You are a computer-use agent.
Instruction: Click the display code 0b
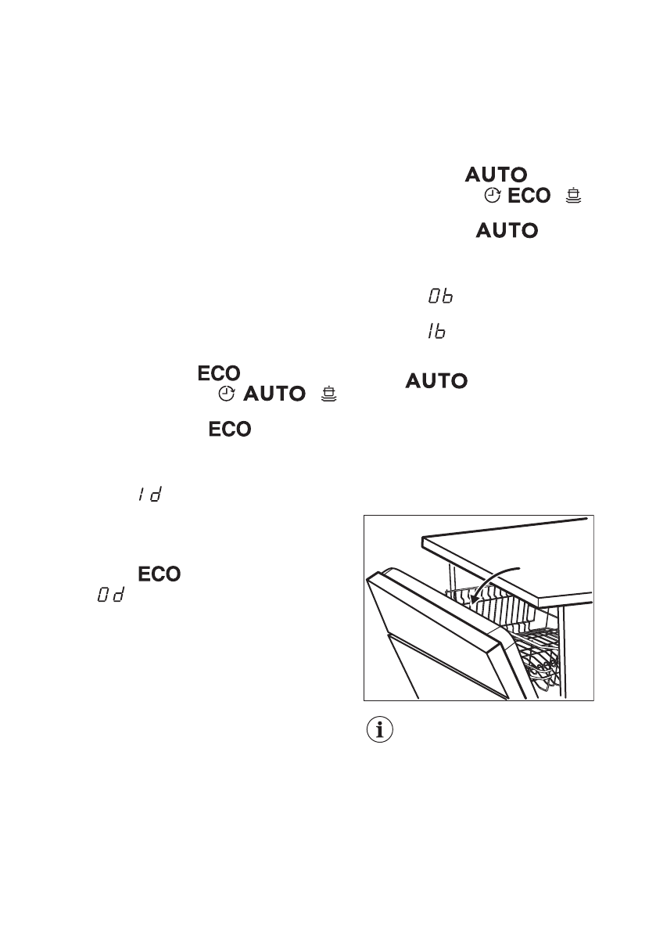(x=440, y=297)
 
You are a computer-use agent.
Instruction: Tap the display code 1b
(x=436, y=333)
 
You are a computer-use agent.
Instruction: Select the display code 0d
(x=111, y=597)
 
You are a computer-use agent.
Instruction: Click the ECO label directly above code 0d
(x=160, y=575)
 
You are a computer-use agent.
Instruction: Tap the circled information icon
(x=381, y=731)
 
